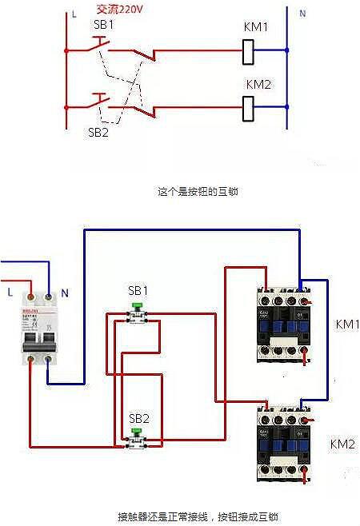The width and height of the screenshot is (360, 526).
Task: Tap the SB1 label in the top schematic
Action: [103, 24]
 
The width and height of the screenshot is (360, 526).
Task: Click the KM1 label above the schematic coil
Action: [256, 27]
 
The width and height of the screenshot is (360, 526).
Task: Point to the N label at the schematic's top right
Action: [302, 14]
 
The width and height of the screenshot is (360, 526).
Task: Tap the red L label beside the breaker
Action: [10, 293]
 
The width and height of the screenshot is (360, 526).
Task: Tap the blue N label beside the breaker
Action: [64, 293]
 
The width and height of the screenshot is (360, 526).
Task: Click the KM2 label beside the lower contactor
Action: [342, 444]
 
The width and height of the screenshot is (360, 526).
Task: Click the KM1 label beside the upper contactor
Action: [346, 325]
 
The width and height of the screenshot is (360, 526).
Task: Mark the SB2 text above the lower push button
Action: [138, 417]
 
